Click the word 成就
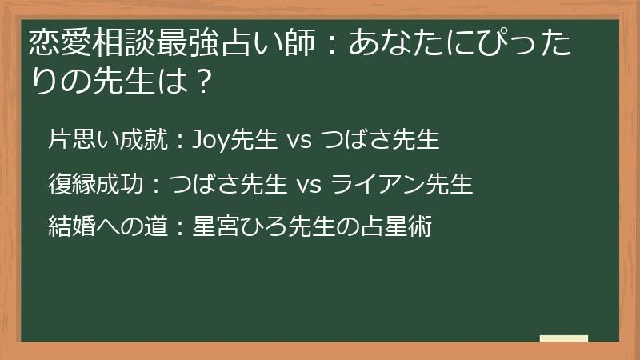click(144, 141)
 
